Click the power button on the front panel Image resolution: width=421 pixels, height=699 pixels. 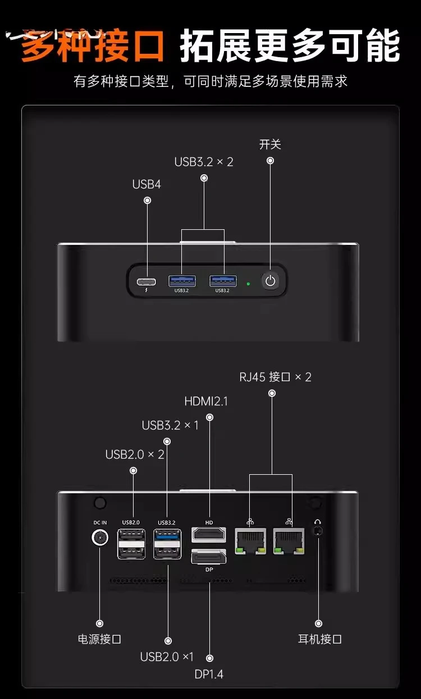click(271, 281)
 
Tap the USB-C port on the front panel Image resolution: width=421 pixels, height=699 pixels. click(147, 282)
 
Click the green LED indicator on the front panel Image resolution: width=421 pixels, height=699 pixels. click(248, 284)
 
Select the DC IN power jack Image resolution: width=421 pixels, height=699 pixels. click(100, 538)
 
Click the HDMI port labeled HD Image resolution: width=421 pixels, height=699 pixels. click(208, 535)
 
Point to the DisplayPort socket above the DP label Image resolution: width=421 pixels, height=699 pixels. click(208, 557)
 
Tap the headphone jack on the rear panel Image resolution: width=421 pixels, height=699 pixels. click(318, 531)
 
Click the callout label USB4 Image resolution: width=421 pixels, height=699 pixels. click(147, 184)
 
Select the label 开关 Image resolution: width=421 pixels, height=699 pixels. click(270, 145)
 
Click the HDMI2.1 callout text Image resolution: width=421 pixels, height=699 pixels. click(206, 401)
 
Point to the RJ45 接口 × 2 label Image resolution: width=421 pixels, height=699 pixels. click(275, 377)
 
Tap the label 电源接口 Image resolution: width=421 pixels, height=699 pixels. click(99, 639)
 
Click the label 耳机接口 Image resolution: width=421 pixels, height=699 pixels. click(319, 639)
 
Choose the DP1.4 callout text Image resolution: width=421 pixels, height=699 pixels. click(209, 674)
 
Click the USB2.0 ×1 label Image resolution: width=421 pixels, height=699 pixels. click(167, 657)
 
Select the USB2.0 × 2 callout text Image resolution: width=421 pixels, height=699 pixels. click(135, 455)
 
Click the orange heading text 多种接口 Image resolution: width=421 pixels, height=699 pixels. click(92, 45)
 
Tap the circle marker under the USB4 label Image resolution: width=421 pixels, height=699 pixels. click(147, 200)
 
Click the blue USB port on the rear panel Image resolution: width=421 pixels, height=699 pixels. click(167, 536)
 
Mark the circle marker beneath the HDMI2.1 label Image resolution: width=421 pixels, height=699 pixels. click(210, 417)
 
